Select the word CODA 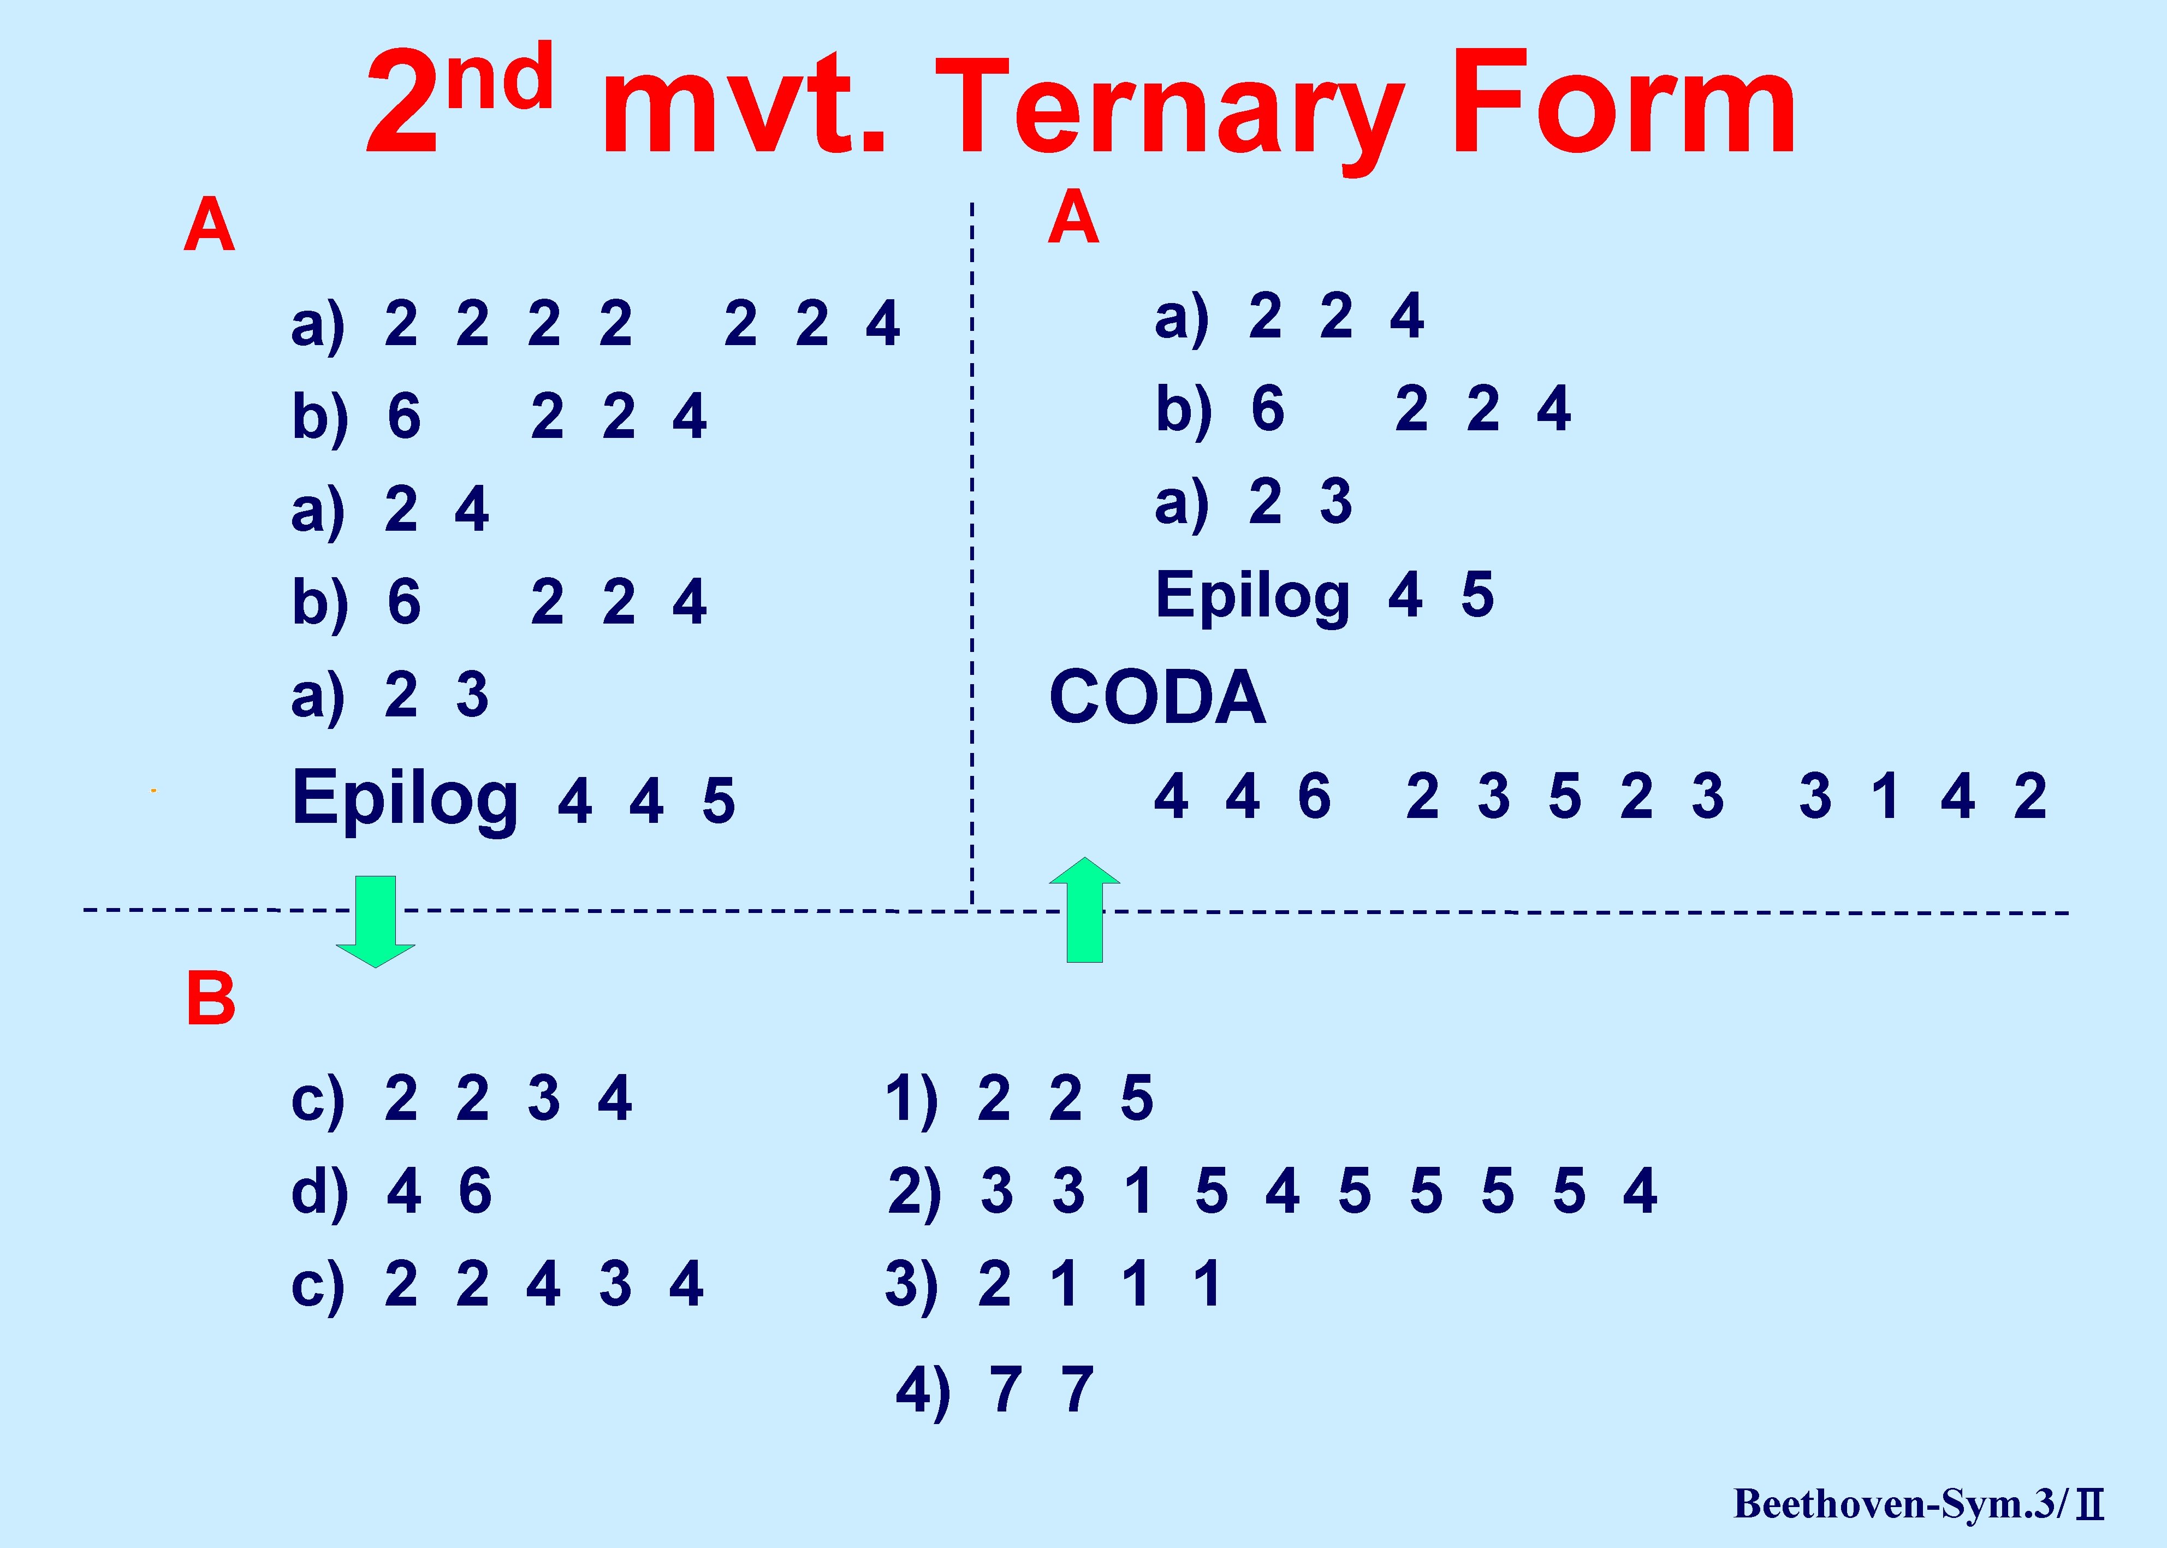tap(1158, 698)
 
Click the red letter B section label tap(211, 998)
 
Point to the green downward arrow tap(376, 921)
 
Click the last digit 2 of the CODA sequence tap(2030, 797)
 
